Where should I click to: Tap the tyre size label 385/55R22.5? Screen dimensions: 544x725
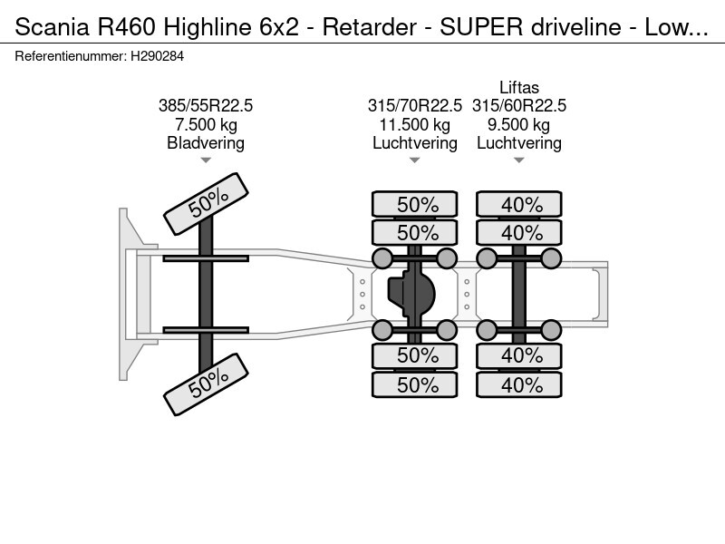tap(206, 106)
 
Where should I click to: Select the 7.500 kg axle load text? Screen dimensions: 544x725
tap(206, 124)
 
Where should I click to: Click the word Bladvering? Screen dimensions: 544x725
tap(206, 143)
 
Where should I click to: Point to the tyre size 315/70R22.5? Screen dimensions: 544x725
tap(415, 106)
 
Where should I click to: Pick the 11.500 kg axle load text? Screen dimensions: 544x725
tap(415, 124)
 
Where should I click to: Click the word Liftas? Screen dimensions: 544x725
tap(519, 88)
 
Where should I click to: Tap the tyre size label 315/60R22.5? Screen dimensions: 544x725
tap(519, 106)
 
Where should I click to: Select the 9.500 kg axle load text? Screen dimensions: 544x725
tap(519, 124)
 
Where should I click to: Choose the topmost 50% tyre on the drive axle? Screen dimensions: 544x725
tap(417, 204)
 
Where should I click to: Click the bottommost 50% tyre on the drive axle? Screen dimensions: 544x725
tap(417, 385)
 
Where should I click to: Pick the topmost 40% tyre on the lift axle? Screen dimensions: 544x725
tap(521, 204)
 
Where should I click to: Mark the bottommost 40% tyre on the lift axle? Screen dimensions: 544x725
tap(521, 385)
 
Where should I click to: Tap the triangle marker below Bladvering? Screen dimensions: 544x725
tap(206, 160)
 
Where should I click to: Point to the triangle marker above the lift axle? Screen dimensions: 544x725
tap(519, 160)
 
